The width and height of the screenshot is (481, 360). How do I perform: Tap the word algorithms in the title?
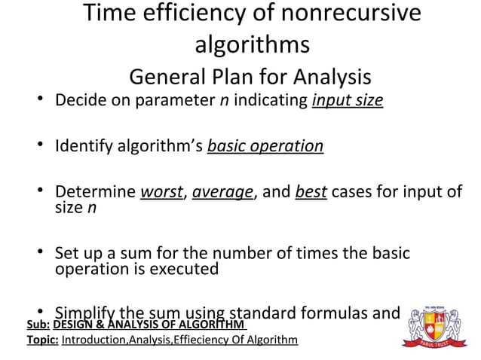(x=252, y=45)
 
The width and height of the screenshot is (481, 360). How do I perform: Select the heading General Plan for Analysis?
(x=250, y=77)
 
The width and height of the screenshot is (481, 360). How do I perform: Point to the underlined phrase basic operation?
(x=265, y=145)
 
